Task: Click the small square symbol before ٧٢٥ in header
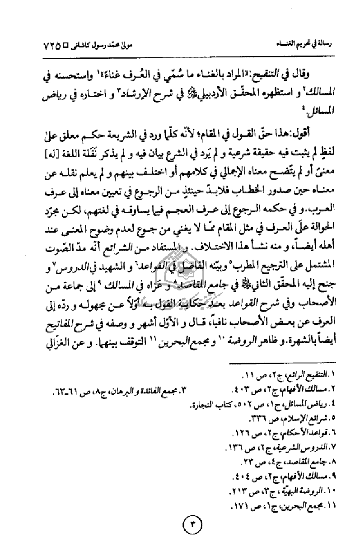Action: (x=73, y=46)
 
